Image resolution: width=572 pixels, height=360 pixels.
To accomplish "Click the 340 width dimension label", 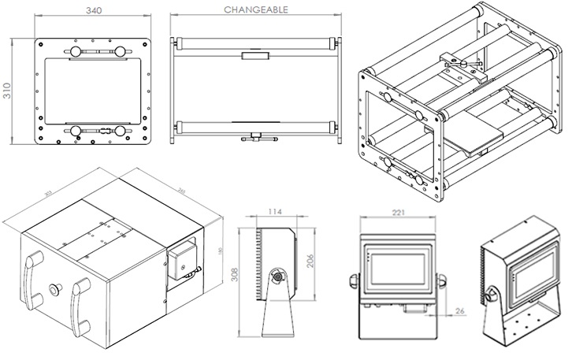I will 93,11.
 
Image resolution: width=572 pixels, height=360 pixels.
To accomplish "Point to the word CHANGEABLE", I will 256,10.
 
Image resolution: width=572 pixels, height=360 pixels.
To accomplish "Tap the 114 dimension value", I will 274,211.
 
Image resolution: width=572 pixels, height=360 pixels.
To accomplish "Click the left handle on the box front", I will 35,278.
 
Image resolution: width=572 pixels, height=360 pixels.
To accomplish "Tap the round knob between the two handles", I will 55,288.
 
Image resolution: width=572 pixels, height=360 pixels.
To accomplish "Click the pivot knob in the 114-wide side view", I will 277,277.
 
